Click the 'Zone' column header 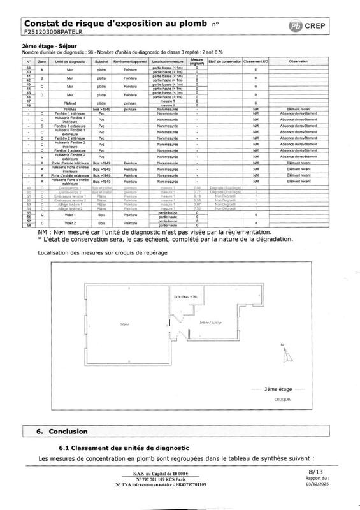(x=42, y=61)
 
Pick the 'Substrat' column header (x=100, y=61)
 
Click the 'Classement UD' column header (x=256, y=61)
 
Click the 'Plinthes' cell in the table (x=71, y=110)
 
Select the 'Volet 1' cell (x=71, y=215)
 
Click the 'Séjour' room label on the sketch (x=125, y=324)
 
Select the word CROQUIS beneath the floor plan (x=283, y=398)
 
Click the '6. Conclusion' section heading (x=60, y=431)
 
